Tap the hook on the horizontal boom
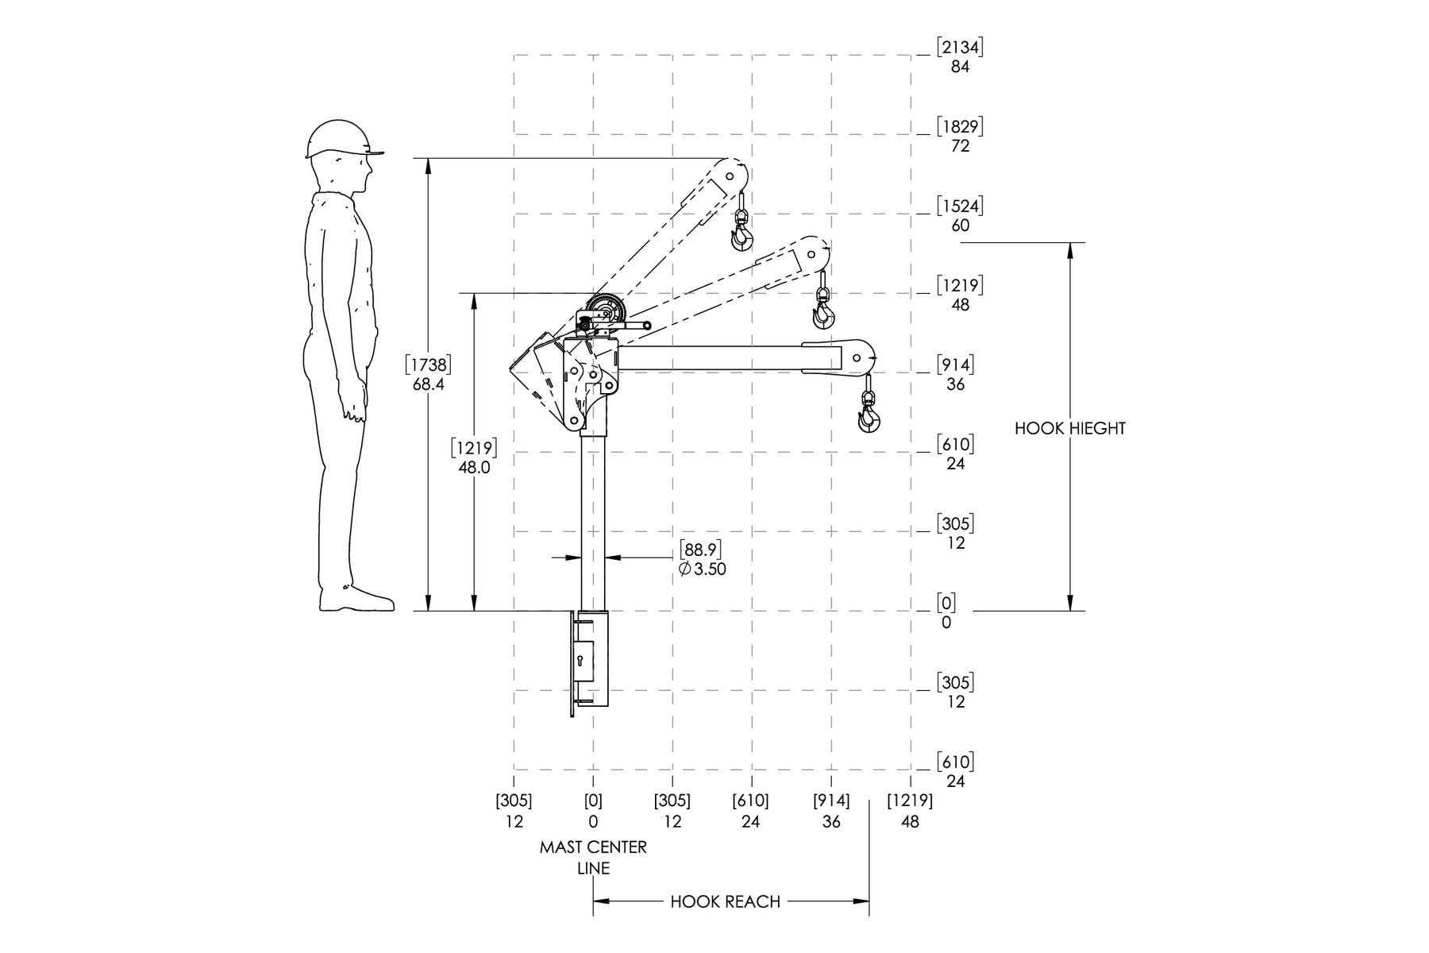[x=869, y=416]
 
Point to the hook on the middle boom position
[x=824, y=313]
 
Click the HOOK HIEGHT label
[x=1070, y=429]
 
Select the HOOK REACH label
[x=726, y=901]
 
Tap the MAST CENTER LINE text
[x=593, y=858]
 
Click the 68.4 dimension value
[x=429, y=384]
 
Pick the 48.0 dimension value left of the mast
[x=474, y=468]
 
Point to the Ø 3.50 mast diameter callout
[x=703, y=569]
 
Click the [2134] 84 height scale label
[x=960, y=56]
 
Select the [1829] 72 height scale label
[x=960, y=136]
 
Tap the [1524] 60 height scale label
[x=960, y=215]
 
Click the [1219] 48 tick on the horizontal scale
[x=910, y=811]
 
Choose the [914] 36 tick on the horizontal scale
[x=831, y=811]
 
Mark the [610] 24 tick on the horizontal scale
[x=751, y=811]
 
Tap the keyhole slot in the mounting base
[x=580, y=661]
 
